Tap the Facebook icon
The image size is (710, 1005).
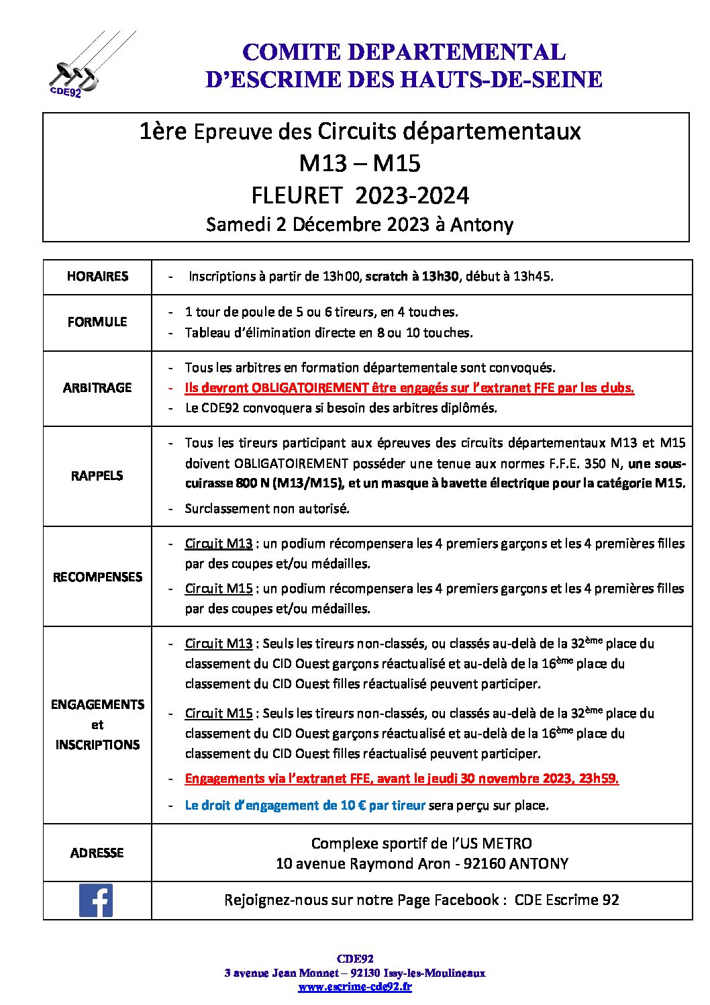point(96,900)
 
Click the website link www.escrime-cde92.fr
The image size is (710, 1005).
point(355,987)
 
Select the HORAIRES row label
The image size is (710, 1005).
point(97,277)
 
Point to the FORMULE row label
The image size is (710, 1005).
point(97,322)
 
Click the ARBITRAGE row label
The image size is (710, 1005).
point(97,388)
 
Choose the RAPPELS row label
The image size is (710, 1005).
point(97,476)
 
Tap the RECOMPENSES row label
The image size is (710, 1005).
point(97,577)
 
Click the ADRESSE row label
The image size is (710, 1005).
point(97,853)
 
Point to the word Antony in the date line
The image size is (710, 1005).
point(481,224)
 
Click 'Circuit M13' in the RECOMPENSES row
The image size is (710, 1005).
point(219,544)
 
